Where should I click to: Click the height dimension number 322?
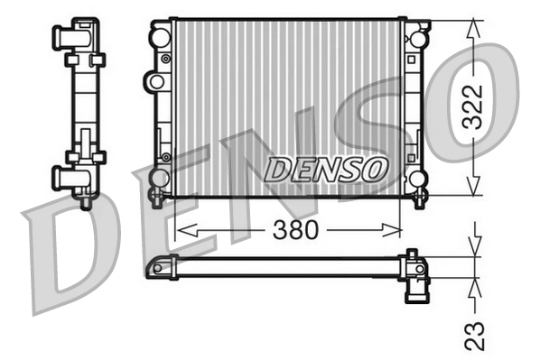[x=477, y=109]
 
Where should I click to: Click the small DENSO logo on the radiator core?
[x=328, y=168]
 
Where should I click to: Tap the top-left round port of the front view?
[x=160, y=38]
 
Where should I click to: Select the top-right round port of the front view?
[x=417, y=39]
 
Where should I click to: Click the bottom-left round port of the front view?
[x=160, y=178]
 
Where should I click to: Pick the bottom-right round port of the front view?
[x=417, y=178]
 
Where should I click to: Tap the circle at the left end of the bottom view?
[x=163, y=268]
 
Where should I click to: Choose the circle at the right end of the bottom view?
[x=418, y=268]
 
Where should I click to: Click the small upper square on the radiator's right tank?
[x=411, y=60]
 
